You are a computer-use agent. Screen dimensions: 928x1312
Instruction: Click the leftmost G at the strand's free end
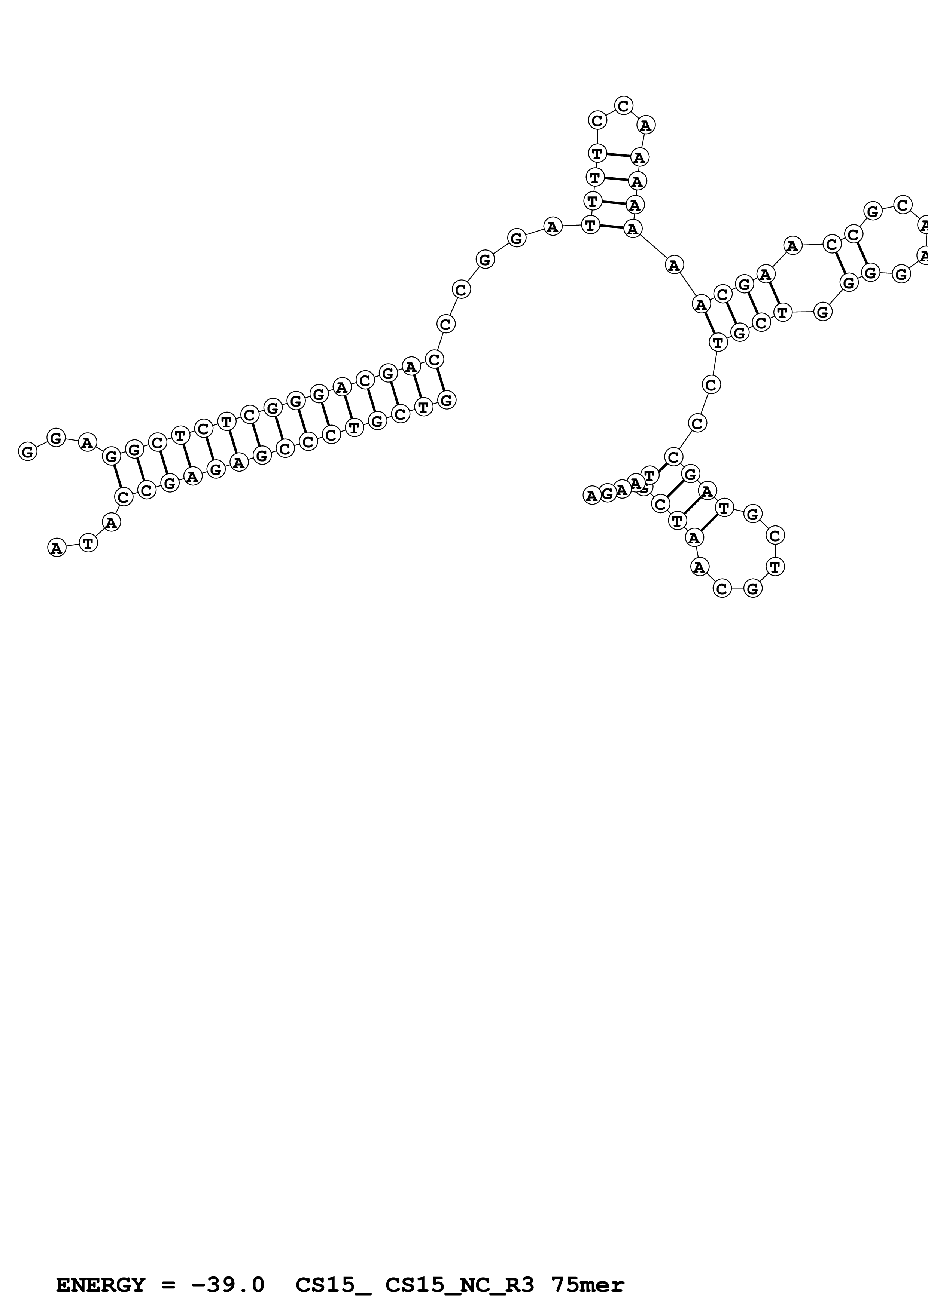pos(27,451)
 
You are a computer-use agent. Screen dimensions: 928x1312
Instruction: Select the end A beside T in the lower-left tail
pos(56,548)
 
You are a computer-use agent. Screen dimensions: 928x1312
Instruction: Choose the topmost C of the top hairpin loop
pos(623,106)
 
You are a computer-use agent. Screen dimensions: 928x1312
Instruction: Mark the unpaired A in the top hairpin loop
pos(645,125)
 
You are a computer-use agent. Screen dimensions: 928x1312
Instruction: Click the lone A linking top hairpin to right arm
pos(674,265)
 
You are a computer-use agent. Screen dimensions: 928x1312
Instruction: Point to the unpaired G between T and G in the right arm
pos(822,312)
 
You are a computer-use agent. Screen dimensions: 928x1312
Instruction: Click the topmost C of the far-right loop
pos(902,205)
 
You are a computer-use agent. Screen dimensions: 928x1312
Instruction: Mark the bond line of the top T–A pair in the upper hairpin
pos(618,155)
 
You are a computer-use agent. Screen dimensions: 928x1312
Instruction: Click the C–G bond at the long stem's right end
pos(440,380)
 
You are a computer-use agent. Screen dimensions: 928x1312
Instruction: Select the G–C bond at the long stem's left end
pos(117,476)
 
